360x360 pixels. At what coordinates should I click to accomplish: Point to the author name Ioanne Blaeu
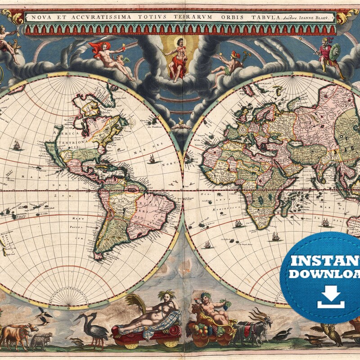[x=310, y=18]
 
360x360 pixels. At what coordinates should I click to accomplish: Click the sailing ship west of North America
[x=17, y=145]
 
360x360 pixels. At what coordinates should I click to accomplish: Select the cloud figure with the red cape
[x=108, y=56]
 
